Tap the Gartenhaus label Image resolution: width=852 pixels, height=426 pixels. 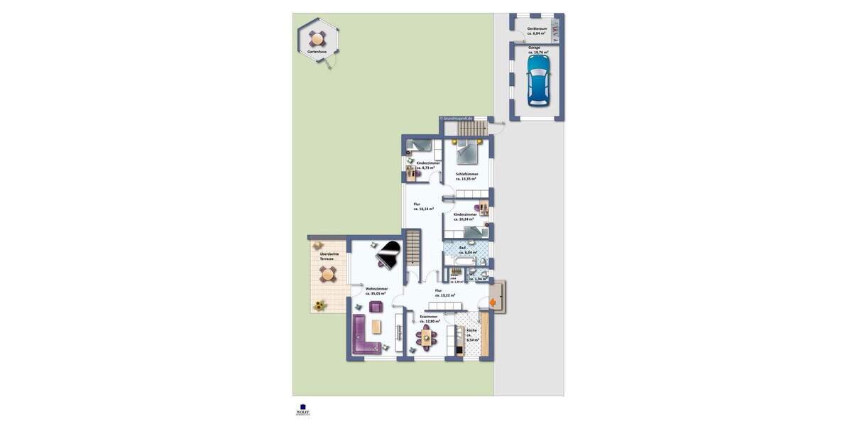click(x=317, y=53)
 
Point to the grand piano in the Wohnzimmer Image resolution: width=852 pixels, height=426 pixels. click(x=388, y=253)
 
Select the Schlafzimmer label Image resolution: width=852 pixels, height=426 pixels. click(x=466, y=176)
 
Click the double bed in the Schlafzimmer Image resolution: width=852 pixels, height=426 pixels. click(x=468, y=151)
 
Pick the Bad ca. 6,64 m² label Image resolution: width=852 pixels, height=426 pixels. click(x=466, y=250)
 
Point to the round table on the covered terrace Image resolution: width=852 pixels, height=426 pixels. click(x=327, y=273)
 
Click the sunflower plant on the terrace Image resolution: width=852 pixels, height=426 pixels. click(x=320, y=305)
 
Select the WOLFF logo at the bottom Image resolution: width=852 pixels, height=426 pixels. click(x=303, y=410)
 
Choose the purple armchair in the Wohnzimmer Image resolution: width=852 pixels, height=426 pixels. click(x=376, y=306)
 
